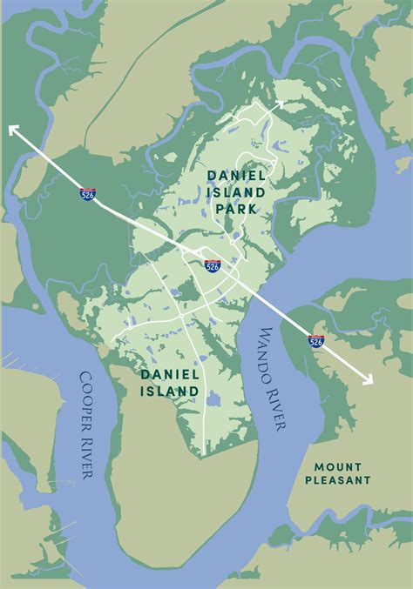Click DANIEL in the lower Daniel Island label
tap(171, 375)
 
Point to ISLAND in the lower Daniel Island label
tap(171, 392)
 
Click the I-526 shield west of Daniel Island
tap(88, 195)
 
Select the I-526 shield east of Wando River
tap(316, 341)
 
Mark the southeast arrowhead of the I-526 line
tap(369, 378)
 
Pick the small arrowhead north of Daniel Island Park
tap(279, 104)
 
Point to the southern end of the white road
tap(205, 453)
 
